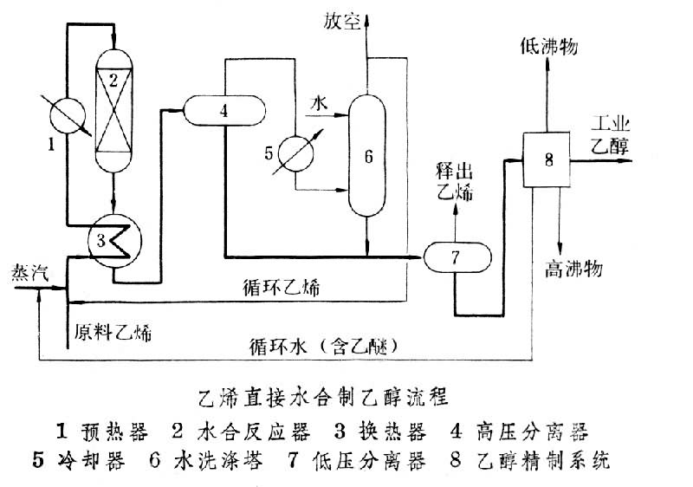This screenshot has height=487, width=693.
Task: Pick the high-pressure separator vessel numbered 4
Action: point(223,110)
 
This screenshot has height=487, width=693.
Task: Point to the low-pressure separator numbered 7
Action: point(456,256)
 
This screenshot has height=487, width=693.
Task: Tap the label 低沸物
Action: point(547,46)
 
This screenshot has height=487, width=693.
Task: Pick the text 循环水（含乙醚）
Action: point(325,345)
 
